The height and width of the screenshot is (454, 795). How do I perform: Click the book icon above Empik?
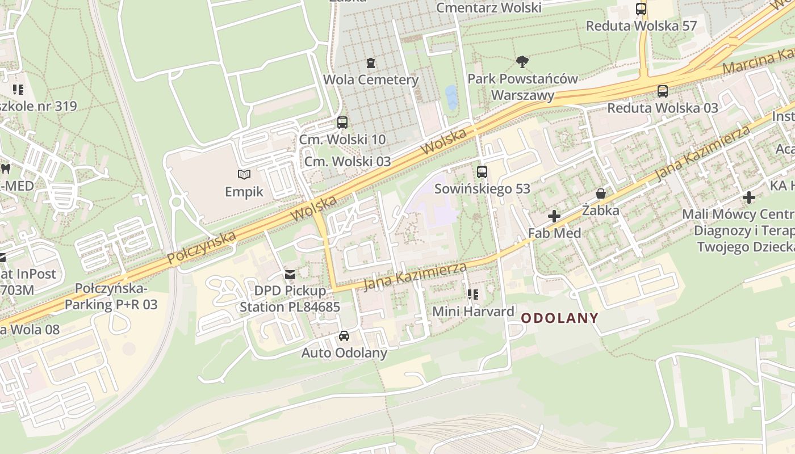coord(244,175)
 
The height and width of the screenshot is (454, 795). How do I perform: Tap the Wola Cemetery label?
coord(371,79)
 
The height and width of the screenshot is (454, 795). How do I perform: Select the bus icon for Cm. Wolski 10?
coord(342,122)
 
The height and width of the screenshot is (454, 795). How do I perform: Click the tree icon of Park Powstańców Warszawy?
coord(522,61)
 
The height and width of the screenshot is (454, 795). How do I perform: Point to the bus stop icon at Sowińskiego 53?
coord(482,171)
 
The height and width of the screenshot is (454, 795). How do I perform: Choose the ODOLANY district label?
coord(560,318)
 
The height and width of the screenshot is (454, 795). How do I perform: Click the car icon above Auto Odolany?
coord(344,336)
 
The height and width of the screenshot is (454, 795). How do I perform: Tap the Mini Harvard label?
coord(473,312)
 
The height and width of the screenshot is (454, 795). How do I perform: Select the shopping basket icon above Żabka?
coord(600,194)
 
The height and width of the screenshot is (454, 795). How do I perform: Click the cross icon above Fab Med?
coord(554,216)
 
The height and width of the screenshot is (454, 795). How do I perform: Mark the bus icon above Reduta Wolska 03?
coord(662,91)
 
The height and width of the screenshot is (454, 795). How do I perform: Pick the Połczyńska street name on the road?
coord(202,248)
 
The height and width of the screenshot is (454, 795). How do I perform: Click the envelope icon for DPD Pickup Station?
coord(290,275)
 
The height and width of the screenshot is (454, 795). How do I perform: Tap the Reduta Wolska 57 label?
coord(641,26)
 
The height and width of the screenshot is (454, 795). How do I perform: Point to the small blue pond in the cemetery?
coord(451,97)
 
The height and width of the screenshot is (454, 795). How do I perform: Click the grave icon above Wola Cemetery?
coord(371,62)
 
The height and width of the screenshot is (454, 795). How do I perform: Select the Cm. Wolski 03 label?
coord(348,161)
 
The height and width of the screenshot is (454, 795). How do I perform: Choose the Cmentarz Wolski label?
coord(488,7)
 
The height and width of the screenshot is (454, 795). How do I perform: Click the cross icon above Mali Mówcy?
coord(749,197)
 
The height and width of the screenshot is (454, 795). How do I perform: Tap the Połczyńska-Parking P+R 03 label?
coord(111,296)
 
